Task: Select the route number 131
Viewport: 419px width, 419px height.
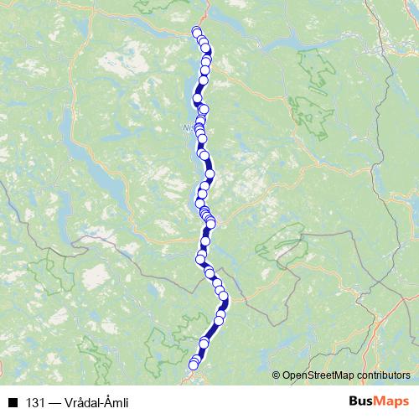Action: [x=36, y=403]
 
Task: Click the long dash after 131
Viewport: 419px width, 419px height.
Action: [x=54, y=403]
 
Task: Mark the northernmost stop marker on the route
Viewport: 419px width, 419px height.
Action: [x=197, y=32]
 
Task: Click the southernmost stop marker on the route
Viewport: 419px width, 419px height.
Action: [x=194, y=365]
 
